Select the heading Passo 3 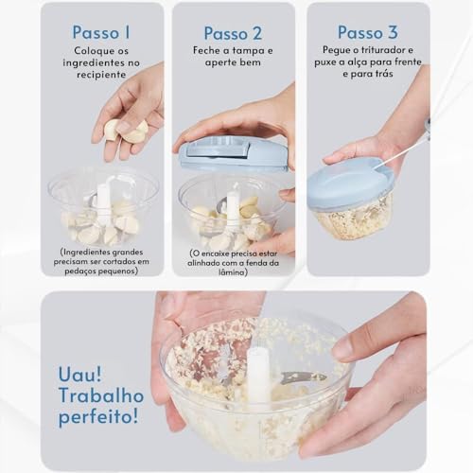tap(366, 32)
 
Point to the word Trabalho tap(100, 393)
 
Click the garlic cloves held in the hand tap(125, 130)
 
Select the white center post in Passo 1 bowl tap(103, 202)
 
